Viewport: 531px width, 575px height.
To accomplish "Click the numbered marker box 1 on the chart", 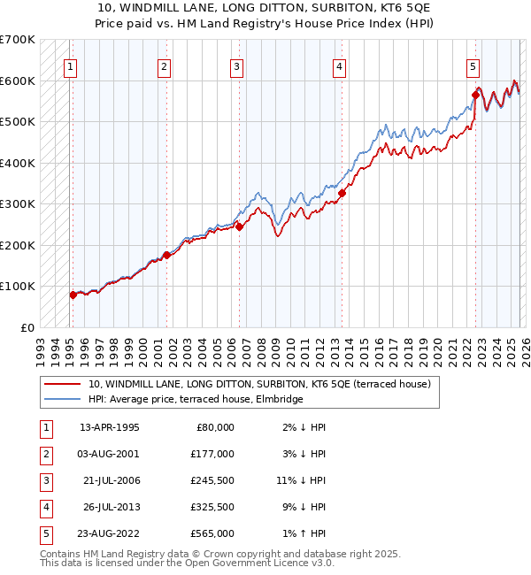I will [x=70, y=65].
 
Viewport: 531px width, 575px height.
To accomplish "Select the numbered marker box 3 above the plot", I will [x=237, y=65].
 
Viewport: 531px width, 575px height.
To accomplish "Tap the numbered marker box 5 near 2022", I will [x=473, y=65].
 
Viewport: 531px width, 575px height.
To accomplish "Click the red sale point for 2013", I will [x=342, y=193].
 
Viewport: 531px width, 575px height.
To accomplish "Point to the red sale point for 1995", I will [x=73, y=295].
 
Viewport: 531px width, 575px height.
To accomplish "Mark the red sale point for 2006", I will [x=239, y=226].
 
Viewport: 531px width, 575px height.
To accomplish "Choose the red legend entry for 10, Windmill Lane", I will [x=259, y=384].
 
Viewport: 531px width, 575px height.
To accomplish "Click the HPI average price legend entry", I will [x=196, y=399].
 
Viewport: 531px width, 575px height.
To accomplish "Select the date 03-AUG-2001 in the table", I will [x=109, y=454].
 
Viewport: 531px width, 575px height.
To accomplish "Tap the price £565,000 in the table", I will [x=213, y=533].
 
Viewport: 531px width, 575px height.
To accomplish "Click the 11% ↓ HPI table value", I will [x=300, y=480].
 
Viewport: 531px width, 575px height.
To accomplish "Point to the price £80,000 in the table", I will [x=216, y=427].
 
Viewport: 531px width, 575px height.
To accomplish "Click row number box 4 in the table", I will [x=43, y=507].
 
